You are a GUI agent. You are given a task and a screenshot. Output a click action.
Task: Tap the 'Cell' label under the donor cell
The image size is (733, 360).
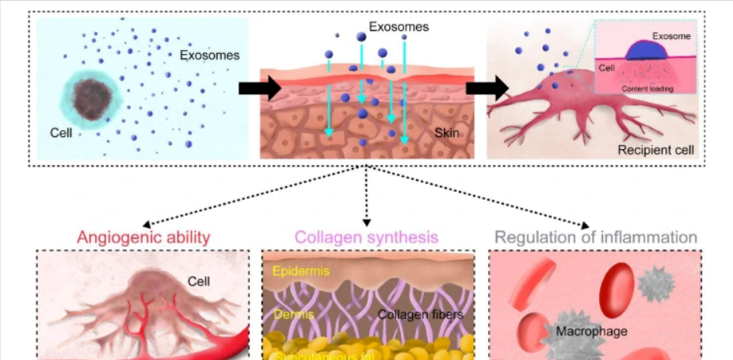tap(61, 132)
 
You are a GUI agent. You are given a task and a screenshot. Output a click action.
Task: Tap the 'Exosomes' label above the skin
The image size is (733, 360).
tap(402, 26)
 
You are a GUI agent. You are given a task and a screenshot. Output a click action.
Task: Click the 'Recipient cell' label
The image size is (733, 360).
tap(654, 149)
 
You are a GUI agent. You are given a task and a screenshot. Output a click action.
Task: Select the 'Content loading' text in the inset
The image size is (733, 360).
tap(647, 89)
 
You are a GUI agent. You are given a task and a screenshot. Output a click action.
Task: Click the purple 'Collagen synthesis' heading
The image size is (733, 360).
tap(366, 237)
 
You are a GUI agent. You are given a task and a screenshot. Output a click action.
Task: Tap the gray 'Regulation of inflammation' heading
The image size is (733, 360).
tap(596, 237)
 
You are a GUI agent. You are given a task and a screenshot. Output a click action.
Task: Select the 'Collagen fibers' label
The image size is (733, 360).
tap(420, 315)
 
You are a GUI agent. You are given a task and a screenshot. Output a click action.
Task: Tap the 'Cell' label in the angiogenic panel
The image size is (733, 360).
tap(198, 281)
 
